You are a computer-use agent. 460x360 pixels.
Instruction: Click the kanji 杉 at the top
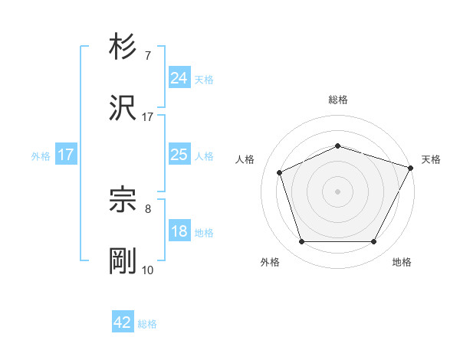(x=123, y=47)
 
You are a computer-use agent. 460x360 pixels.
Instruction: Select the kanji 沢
(x=123, y=109)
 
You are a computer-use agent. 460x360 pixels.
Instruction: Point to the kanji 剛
(x=123, y=261)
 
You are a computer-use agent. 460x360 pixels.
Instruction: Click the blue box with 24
(x=179, y=78)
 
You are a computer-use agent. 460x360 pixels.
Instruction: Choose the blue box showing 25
(x=179, y=155)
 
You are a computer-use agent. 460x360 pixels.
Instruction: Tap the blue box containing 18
(x=179, y=231)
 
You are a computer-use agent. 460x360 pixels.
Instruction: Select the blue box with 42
(x=123, y=322)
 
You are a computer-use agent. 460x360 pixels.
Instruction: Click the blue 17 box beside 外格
(x=66, y=155)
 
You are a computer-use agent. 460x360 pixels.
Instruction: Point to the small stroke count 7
(x=148, y=56)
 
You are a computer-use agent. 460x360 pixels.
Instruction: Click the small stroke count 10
(x=148, y=270)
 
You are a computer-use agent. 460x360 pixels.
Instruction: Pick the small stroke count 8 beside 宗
(x=148, y=208)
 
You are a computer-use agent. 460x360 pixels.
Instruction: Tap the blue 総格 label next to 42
(x=147, y=324)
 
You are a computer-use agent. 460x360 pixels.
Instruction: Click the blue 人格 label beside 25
(x=203, y=156)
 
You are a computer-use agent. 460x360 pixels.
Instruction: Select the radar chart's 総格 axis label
(x=337, y=100)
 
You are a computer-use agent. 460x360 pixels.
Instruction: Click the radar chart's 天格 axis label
(x=431, y=159)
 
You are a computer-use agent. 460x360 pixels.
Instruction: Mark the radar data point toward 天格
(x=412, y=167)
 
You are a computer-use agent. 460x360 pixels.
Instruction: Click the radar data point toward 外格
(x=301, y=241)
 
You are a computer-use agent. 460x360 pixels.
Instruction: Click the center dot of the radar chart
(x=337, y=191)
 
